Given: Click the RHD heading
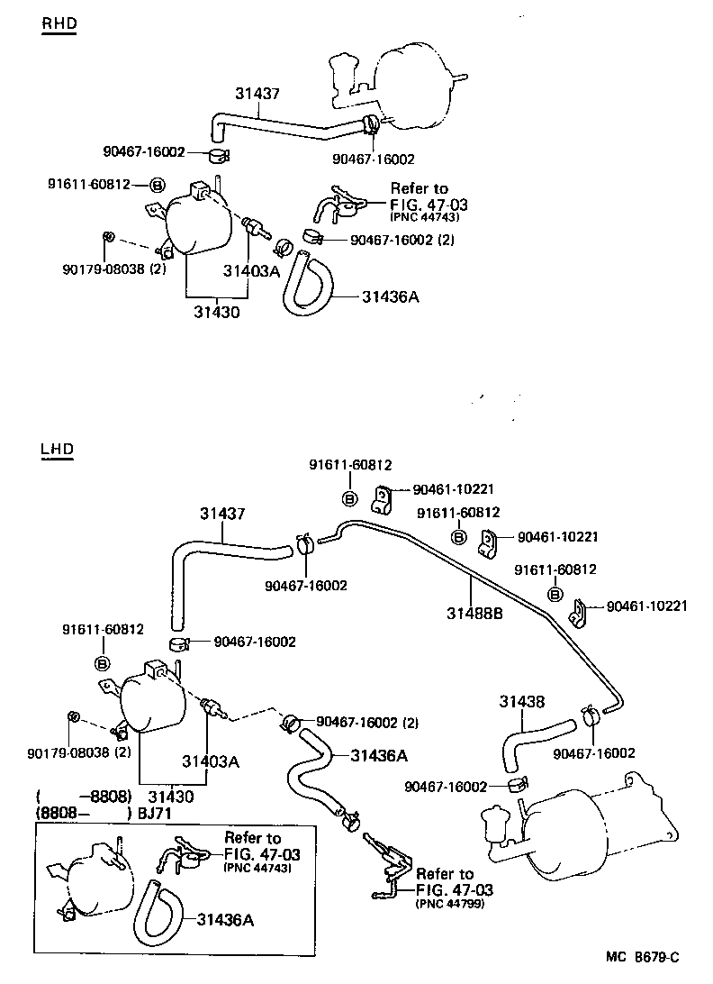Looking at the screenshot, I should [x=59, y=23].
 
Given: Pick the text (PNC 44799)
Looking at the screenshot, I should [x=450, y=903].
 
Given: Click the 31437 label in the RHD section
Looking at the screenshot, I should [x=257, y=93].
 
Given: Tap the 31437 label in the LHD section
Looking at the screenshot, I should [x=221, y=514].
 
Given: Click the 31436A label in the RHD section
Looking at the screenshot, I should [x=391, y=295].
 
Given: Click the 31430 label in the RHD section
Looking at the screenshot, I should [x=215, y=312].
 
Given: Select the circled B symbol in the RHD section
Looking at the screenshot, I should [x=157, y=185].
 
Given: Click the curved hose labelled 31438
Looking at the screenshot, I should [x=531, y=734].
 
